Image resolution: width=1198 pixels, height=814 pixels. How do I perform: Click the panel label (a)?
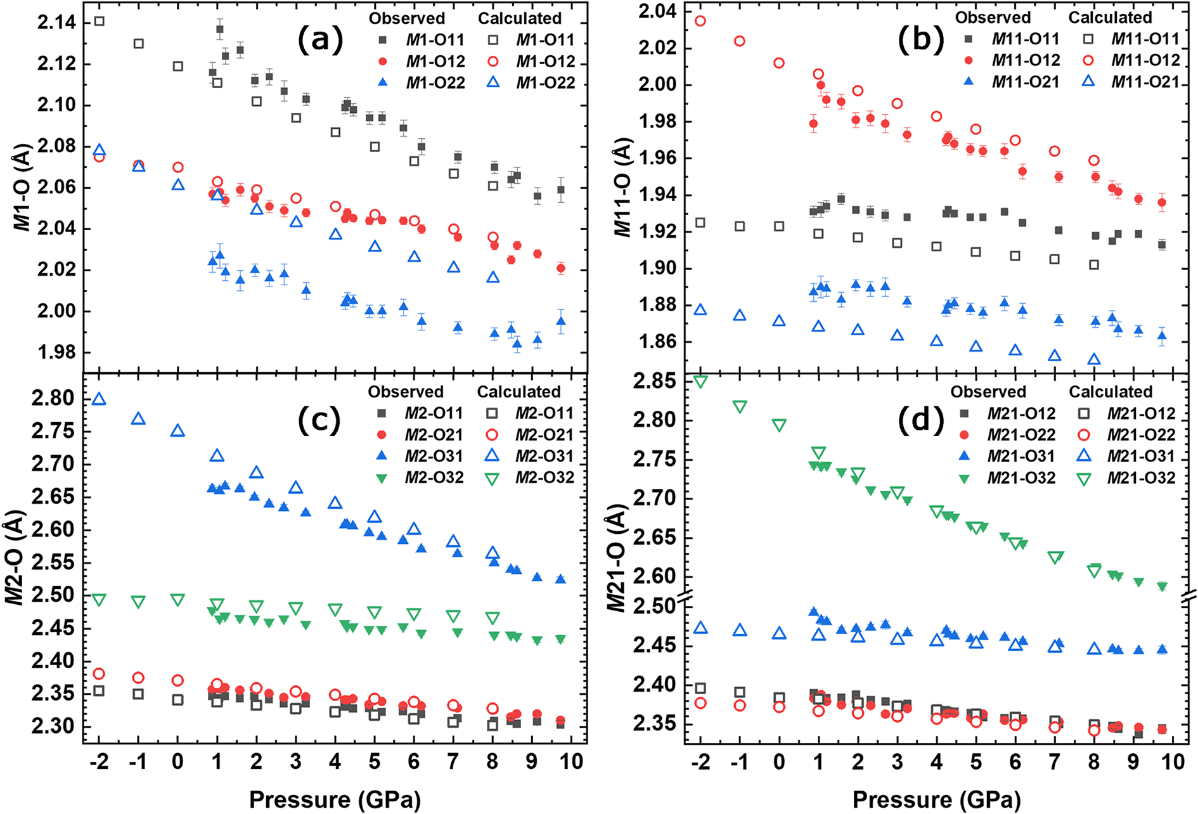(320, 41)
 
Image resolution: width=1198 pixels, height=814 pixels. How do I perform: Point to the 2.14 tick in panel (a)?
(56, 23)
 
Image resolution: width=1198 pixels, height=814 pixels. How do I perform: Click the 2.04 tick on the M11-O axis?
(658, 11)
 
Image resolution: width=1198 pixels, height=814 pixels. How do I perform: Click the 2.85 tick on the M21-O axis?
(653, 381)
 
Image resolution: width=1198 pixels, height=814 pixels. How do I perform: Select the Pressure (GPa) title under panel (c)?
(335, 799)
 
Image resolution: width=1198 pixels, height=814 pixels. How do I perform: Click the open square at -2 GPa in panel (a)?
(99, 22)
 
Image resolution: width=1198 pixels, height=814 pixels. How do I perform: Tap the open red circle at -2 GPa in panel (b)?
(700, 21)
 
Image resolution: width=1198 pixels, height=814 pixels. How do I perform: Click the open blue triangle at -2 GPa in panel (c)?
(99, 399)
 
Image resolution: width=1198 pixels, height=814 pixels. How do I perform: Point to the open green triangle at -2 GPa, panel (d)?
(700, 382)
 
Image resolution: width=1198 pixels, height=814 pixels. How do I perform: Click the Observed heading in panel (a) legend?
(407, 18)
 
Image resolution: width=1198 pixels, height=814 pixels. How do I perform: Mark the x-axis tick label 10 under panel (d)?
(1173, 761)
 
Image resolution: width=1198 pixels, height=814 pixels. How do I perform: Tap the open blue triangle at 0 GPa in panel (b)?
(779, 321)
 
